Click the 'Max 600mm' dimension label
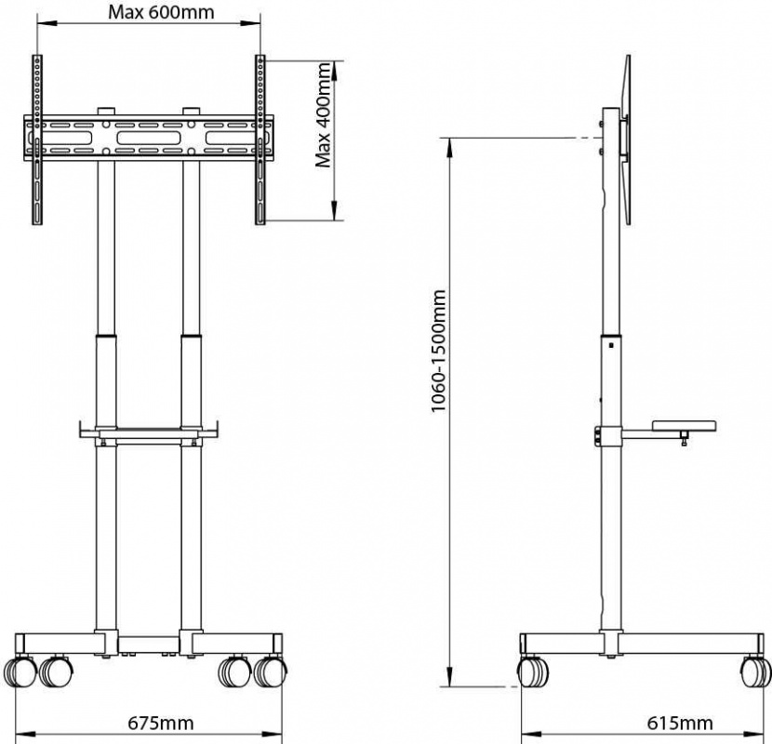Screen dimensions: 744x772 coord(149,13)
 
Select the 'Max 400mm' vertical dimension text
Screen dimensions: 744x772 coord(324,115)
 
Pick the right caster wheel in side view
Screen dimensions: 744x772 coord(754,671)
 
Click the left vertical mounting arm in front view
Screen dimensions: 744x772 coord(37,139)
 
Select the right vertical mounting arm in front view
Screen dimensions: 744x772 coord(261,139)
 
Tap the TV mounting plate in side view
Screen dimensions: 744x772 coord(624,139)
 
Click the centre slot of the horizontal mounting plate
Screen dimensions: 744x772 coord(149,138)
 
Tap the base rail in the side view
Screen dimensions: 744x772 coord(642,644)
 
